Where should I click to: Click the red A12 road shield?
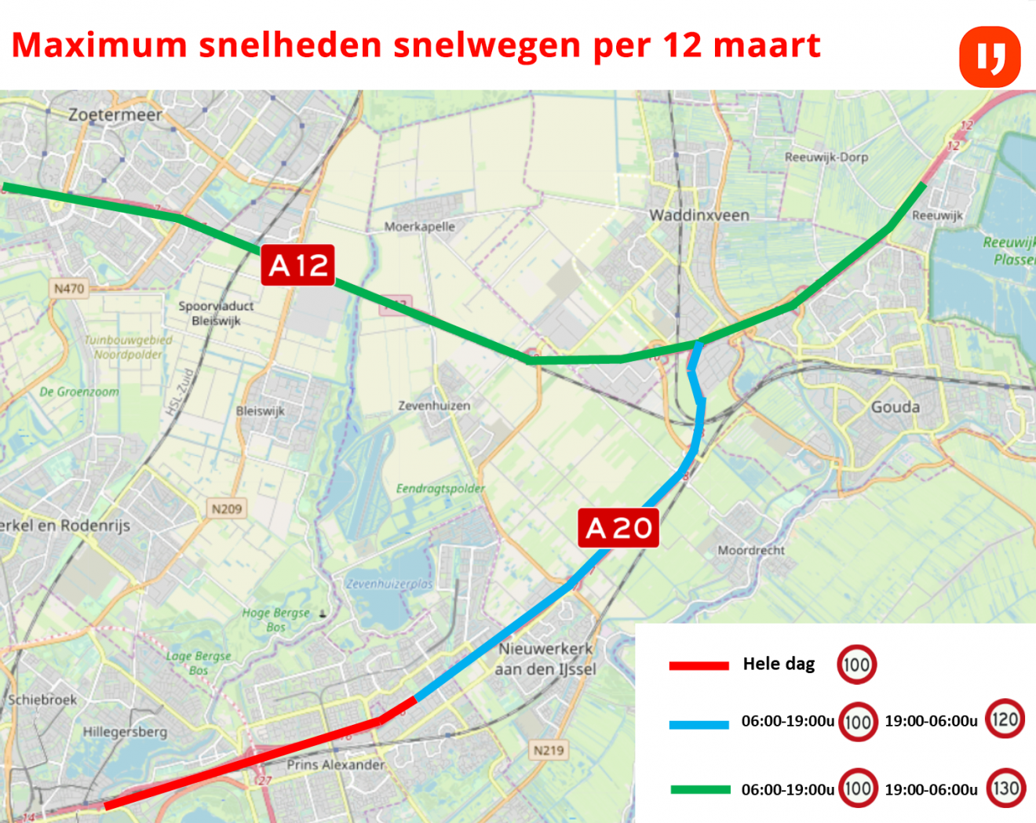click(298, 265)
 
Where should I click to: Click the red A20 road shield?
click(618, 528)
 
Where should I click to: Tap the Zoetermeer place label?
click(115, 115)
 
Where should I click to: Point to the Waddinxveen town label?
click(699, 215)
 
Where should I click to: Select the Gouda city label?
click(895, 407)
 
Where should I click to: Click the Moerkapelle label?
click(419, 227)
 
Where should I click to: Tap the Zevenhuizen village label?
click(434, 406)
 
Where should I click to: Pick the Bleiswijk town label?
click(260, 411)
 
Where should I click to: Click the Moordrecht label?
click(751, 551)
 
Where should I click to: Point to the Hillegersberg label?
click(126, 732)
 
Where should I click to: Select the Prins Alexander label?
click(336, 765)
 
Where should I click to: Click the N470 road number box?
click(69, 289)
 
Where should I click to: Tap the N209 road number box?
click(227, 509)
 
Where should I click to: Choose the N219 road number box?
click(549, 750)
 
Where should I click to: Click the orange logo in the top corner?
click(990, 57)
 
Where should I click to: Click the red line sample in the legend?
click(699, 665)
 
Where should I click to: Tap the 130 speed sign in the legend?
click(1005, 788)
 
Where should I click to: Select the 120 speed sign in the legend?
click(1005, 719)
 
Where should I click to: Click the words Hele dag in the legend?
click(779, 664)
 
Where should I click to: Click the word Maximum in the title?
click(100, 46)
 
